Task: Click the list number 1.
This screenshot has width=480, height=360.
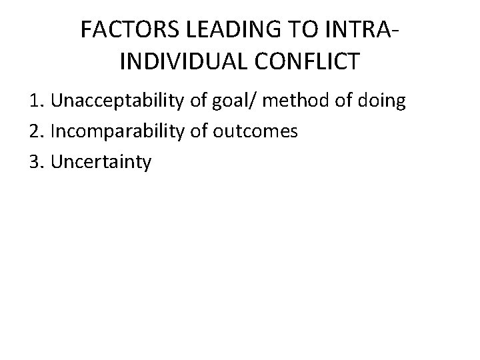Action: coord(34,102)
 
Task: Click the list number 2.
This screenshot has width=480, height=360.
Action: coord(34,131)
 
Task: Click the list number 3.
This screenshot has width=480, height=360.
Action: coord(34,161)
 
